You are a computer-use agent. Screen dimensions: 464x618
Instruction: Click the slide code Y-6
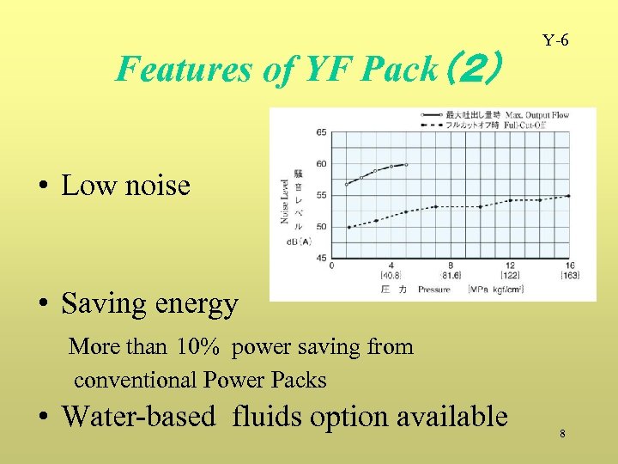tap(555, 40)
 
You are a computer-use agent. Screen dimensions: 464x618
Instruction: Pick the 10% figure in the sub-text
tap(199, 347)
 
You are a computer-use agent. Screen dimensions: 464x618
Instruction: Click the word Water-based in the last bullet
tap(138, 417)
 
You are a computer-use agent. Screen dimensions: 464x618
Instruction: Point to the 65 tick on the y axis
tap(320, 132)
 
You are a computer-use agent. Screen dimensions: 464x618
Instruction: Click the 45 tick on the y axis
tap(320, 258)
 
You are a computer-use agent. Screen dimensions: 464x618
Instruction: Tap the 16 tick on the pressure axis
tap(569, 266)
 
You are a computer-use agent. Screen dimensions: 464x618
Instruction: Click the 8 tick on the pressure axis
tap(451, 266)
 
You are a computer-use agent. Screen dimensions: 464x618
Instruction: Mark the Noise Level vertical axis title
tap(284, 201)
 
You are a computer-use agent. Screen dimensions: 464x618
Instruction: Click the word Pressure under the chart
tap(433, 290)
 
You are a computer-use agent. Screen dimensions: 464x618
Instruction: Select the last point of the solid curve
tap(406, 164)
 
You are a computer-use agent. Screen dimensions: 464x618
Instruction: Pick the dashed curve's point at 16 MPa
tap(568, 196)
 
